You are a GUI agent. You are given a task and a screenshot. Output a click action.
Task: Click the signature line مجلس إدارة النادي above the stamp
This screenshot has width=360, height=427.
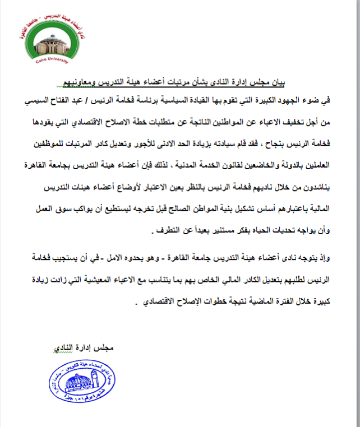coord(90,349)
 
